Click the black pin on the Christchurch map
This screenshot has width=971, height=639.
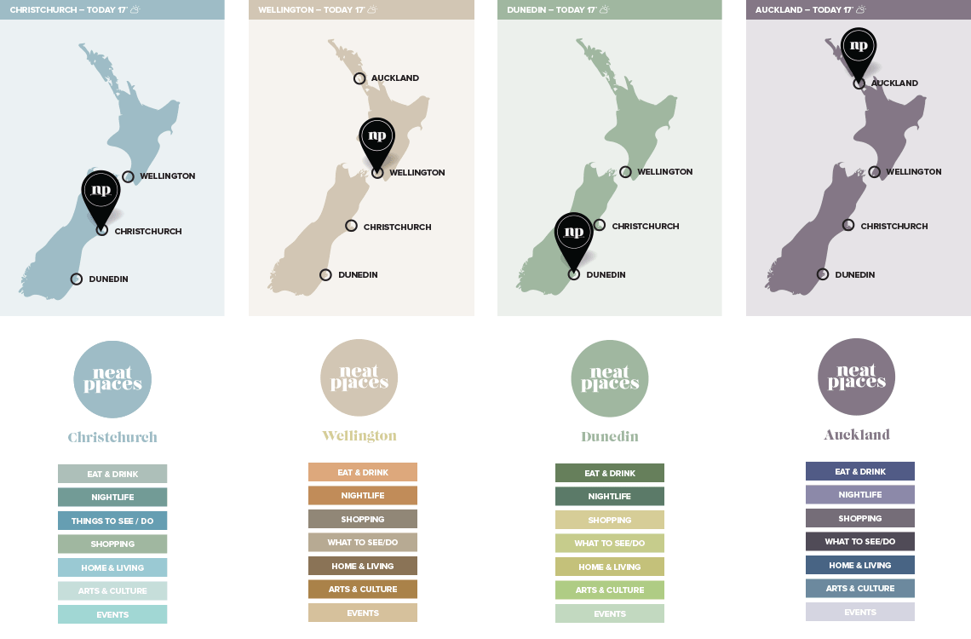coord(101,193)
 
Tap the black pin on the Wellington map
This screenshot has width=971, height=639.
coord(377,139)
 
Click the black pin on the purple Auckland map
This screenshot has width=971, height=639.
coord(859,49)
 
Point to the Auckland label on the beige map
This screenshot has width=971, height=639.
coord(394,78)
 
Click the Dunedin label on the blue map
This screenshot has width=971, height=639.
coord(108,279)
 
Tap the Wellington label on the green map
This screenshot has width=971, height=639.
coord(664,172)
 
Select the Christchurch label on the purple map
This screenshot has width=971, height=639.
coord(893,227)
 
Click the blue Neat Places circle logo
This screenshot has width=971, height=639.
coord(112,379)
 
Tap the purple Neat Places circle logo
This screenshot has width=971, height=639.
coord(857,377)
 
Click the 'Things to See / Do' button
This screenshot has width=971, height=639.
coord(112,521)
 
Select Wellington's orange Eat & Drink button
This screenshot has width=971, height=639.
coord(363,472)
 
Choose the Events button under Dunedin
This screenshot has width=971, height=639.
coord(610,613)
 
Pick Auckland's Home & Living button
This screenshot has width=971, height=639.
coord(860,565)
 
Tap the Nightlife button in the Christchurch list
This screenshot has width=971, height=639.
coord(112,498)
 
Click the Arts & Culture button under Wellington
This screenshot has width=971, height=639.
coord(363,590)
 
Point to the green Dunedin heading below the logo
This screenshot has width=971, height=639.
coord(610,437)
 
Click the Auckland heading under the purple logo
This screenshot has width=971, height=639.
coord(857,435)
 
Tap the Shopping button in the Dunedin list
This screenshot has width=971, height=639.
coord(610,520)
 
